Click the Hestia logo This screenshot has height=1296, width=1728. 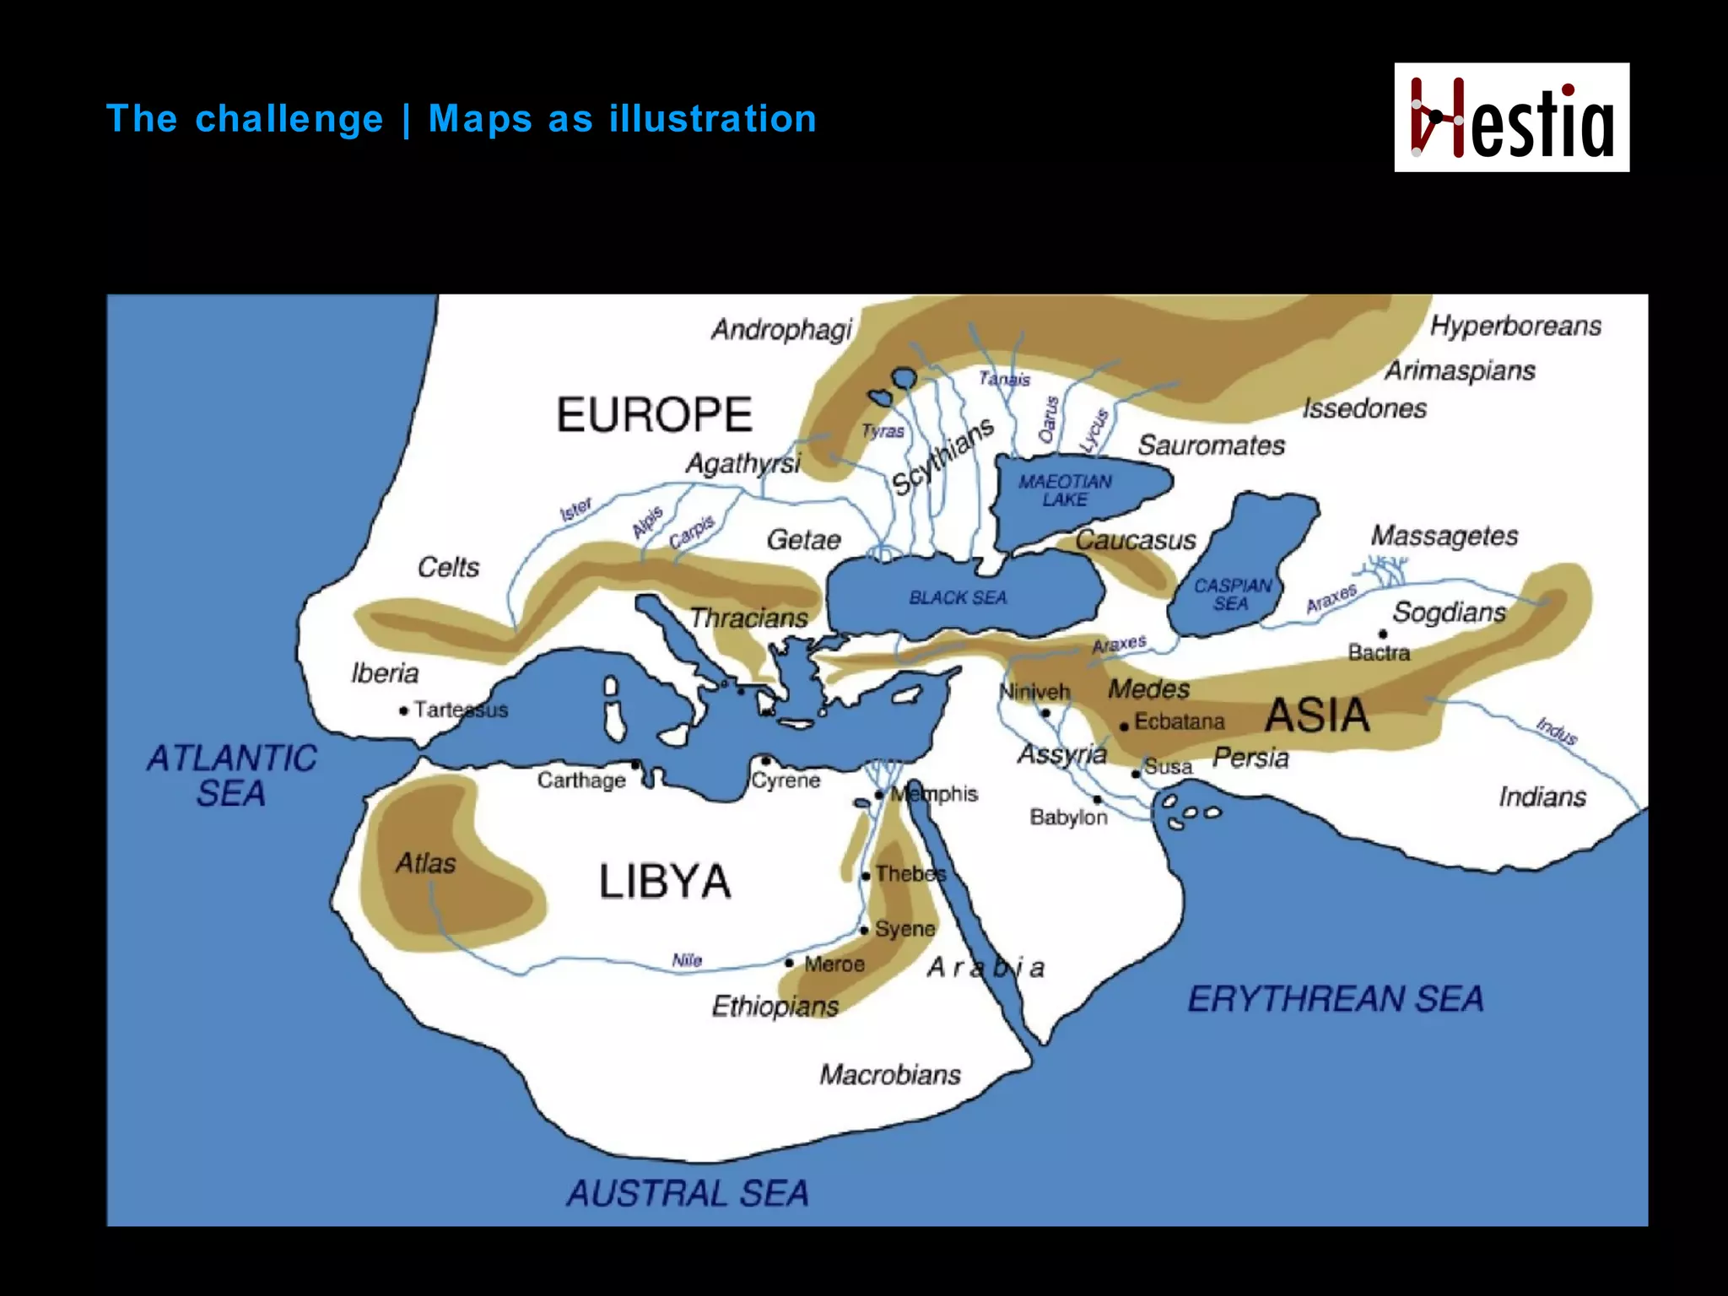1511,117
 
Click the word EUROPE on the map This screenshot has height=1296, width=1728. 654,415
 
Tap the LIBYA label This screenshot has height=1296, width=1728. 665,882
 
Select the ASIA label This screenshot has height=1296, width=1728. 1316,715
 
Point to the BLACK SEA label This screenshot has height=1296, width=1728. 958,597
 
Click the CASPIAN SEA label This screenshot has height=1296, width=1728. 1232,594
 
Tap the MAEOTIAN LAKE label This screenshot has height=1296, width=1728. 1065,490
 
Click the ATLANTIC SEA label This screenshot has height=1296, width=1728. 231,775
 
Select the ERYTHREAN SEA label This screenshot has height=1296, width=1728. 1335,999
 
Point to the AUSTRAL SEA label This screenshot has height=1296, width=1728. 688,1193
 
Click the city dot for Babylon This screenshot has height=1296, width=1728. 1098,799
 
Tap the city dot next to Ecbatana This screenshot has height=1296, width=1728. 1124,726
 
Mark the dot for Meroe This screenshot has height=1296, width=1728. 789,963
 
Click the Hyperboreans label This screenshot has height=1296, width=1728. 1515,326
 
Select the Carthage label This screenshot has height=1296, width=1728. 581,780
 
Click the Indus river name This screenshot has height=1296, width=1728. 1557,731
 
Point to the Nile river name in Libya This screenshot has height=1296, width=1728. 687,960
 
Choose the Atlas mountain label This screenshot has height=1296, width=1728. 425,863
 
